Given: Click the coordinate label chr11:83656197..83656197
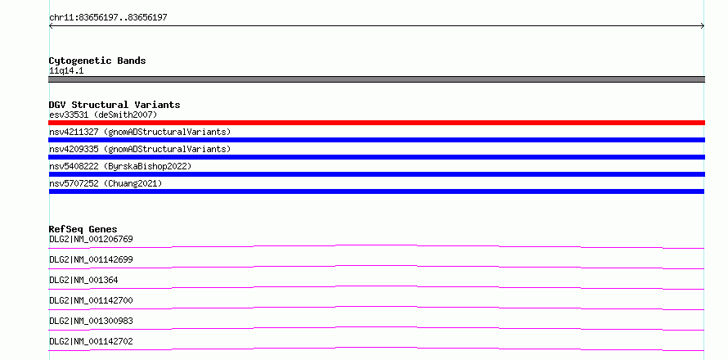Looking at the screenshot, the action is (108, 18).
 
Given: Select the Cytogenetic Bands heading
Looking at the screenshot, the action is (97, 61).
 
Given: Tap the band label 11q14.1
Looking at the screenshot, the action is (66, 71).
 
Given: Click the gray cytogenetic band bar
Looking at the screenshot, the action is (376, 79).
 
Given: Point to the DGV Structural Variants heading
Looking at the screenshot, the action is (115, 105).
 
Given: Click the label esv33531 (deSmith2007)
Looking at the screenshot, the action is (103, 115).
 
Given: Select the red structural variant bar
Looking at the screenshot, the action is (376, 123).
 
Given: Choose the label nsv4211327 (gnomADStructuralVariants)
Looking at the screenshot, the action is (140, 132).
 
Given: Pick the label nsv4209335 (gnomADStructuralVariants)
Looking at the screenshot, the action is (140, 149).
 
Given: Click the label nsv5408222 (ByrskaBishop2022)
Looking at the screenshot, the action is (120, 166).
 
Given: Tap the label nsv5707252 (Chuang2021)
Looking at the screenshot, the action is (106, 183).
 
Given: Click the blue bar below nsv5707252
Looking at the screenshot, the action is (376, 191).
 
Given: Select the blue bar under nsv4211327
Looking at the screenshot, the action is (376, 140).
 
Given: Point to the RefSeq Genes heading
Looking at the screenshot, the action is (83, 229).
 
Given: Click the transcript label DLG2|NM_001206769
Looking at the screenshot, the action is (91, 240).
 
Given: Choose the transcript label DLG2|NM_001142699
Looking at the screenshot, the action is (91, 260).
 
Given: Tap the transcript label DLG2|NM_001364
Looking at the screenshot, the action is (83, 281).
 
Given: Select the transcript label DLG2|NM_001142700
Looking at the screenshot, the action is (91, 301).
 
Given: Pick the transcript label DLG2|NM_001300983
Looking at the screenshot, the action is (91, 322).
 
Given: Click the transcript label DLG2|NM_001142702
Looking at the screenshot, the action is (91, 342).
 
